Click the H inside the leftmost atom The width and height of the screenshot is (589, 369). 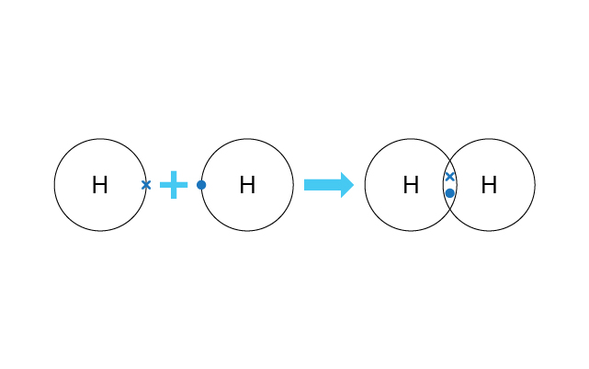pyautogui.click(x=100, y=185)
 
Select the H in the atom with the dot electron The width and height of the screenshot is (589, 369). pyautogui.click(x=247, y=185)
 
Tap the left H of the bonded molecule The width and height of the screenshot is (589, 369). pyautogui.click(x=411, y=185)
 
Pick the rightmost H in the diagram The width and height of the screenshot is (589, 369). pyautogui.click(x=489, y=185)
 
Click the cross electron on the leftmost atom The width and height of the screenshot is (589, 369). pyautogui.click(x=146, y=185)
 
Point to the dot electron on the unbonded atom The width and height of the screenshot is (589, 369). pyautogui.click(x=201, y=185)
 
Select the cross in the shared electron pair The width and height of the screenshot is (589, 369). pyautogui.click(x=449, y=177)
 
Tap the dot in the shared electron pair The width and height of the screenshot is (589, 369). pyautogui.click(x=449, y=193)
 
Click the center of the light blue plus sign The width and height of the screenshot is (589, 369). pyautogui.click(x=174, y=185)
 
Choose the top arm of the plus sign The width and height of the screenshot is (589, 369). pyautogui.click(x=174, y=176)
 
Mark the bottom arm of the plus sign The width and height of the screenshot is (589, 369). pyautogui.click(x=174, y=193)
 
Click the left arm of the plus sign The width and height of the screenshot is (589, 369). pyautogui.click(x=165, y=185)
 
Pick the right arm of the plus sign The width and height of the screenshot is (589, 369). pyautogui.click(x=182, y=185)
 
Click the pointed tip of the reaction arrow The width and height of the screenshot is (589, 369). pyautogui.click(x=354, y=185)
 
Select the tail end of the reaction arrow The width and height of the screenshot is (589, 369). pyautogui.click(x=305, y=185)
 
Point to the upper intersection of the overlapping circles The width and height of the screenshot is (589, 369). pyautogui.click(x=449, y=161)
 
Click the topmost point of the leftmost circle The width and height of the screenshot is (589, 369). pyautogui.click(x=100, y=139)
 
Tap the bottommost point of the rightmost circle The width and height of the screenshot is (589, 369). pyautogui.click(x=489, y=231)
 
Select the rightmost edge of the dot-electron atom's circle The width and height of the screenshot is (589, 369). pyautogui.click(x=293, y=185)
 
